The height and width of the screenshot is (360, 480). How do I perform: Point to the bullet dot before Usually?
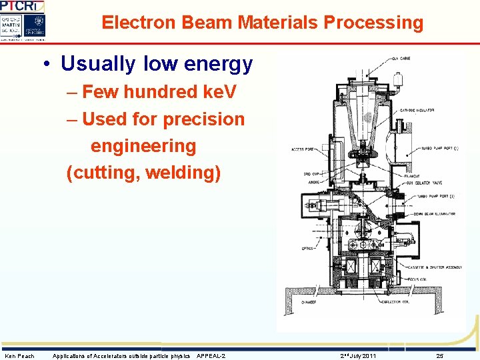click(x=48, y=65)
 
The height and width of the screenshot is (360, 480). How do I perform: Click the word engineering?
click(x=143, y=146)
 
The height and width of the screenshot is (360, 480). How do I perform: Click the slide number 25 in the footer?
click(x=439, y=356)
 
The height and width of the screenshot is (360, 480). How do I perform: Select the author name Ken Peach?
click(x=19, y=356)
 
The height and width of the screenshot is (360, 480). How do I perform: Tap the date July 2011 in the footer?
click(x=360, y=356)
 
